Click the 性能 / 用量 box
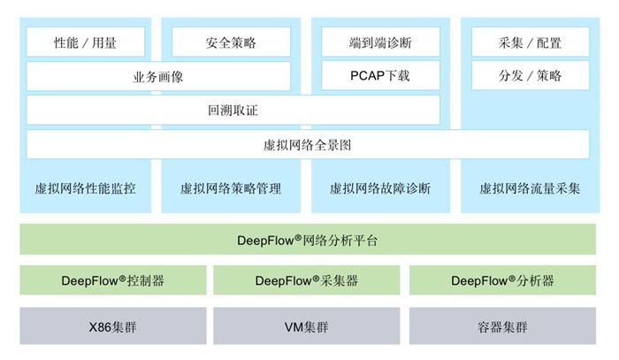86,42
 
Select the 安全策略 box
231,42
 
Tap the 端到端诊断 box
379,42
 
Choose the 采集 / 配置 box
530,42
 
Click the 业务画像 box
158,76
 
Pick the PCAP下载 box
379,75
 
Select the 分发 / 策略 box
530,75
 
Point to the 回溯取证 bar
233,110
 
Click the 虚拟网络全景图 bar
308,144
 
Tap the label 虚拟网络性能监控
86,188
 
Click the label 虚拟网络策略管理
230,188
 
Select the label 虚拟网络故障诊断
379,188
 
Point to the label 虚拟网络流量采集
530,188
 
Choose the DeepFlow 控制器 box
112,280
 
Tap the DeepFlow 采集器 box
307,280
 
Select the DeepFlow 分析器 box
502,280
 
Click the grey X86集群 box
112,326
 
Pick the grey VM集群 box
307,326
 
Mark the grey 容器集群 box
502,326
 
